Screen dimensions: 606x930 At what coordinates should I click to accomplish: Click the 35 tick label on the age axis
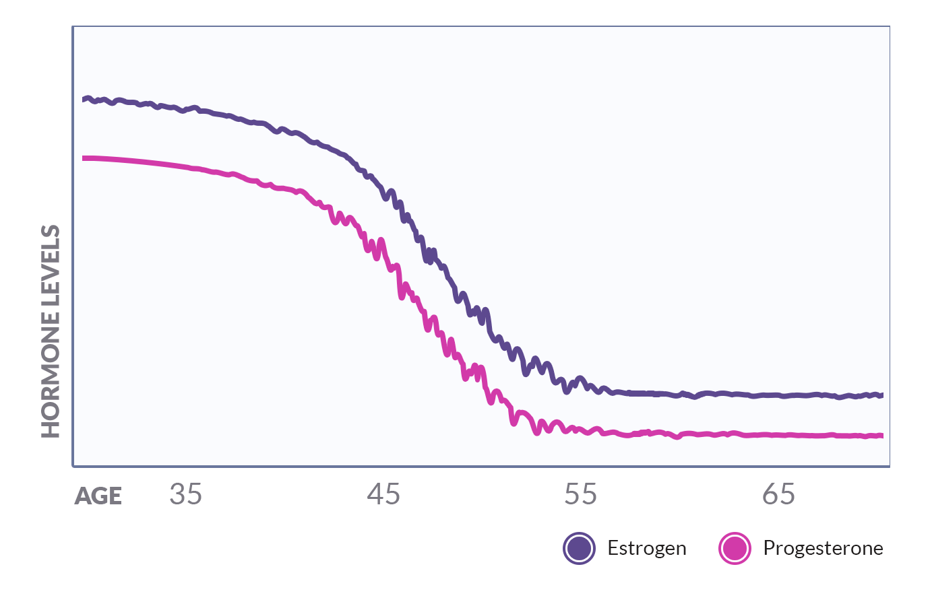185,495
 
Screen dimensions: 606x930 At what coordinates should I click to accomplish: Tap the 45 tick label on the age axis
383,495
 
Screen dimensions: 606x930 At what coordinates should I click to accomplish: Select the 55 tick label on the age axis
580,495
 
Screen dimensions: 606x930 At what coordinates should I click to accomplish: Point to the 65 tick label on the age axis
778,495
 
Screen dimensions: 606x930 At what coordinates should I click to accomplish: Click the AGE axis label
98,496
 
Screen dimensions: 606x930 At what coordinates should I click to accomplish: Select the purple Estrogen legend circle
580,548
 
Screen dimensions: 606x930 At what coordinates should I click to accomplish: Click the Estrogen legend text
646,548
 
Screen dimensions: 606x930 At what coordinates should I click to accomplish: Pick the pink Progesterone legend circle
735,548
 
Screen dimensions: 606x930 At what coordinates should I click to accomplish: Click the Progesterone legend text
823,548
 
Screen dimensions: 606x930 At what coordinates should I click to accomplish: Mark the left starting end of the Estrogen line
84,100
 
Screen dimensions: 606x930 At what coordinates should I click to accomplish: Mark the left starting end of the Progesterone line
84,158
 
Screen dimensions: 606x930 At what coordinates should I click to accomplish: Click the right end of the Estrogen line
881,395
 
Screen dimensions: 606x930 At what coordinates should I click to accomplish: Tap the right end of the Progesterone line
881,436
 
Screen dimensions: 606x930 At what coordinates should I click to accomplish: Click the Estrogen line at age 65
778,395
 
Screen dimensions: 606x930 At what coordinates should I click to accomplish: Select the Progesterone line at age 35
185,166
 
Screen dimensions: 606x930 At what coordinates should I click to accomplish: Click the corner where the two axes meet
73,465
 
